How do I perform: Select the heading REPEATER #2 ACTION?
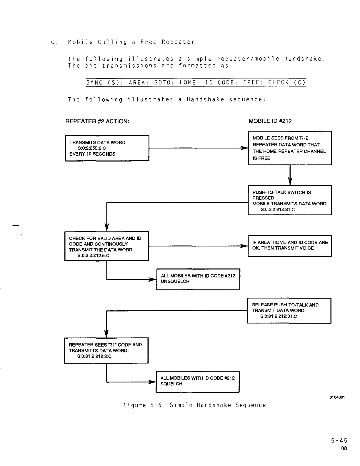pos(97,121)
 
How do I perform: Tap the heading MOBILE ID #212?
pos(270,121)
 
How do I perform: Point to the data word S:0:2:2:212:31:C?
pos(277,209)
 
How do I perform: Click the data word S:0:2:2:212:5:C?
pos(93,255)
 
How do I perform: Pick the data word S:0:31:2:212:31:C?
pos(278,316)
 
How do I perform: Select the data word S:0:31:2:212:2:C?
pos(94,356)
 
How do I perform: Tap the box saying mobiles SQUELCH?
pos(198,382)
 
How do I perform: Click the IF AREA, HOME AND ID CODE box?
pos(289,246)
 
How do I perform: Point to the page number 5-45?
pos(339,441)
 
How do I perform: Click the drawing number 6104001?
pos(337,397)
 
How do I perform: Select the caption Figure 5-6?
pos(142,405)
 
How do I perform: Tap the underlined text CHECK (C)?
pos(287,83)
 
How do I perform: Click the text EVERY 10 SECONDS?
pos(92,154)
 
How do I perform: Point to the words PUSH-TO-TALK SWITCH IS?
pos(281,192)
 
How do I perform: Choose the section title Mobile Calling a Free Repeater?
pos(131,42)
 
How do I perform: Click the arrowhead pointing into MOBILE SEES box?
pos(244,148)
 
